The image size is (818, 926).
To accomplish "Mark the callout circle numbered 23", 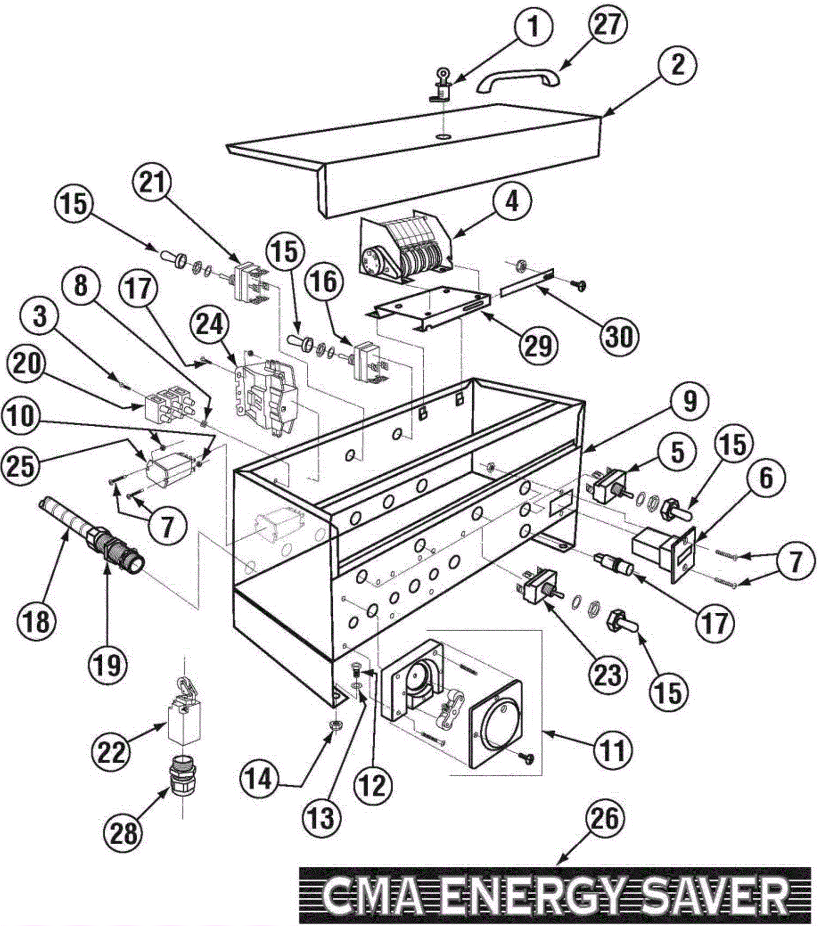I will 607,675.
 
